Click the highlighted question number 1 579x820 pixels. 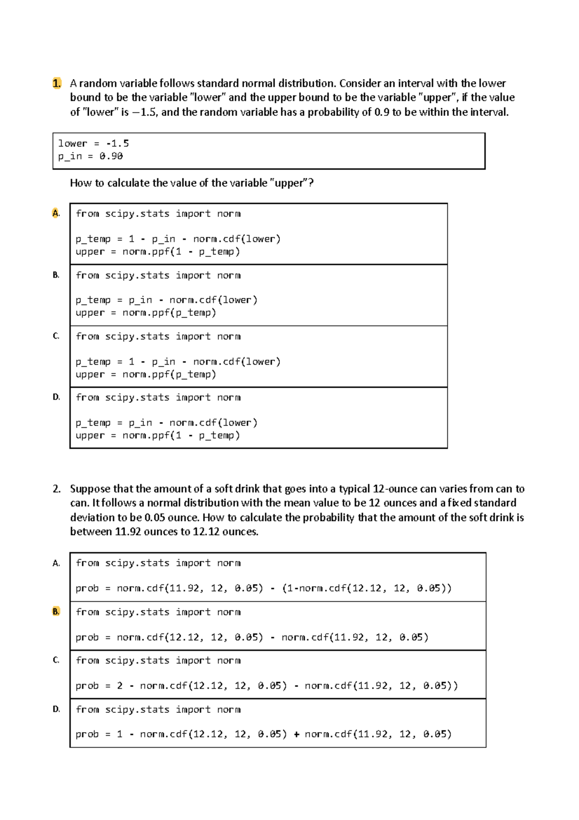[x=56, y=83]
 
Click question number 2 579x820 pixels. [x=56, y=489]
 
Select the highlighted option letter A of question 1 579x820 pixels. [x=56, y=213]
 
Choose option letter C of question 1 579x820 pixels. [x=56, y=336]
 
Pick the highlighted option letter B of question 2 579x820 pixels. [x=56, y=611]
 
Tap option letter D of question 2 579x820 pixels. [x=56, y=709]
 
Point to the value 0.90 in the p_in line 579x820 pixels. [x=111, y=156]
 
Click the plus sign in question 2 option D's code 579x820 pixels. [x=296, y=734]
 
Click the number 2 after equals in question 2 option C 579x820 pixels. [x=120, y=686]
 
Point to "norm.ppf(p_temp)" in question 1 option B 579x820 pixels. [x=169, y=312]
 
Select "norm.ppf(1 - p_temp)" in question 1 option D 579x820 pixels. [x=181, y=435]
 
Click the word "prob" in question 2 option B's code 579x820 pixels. [x=87, y=637]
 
